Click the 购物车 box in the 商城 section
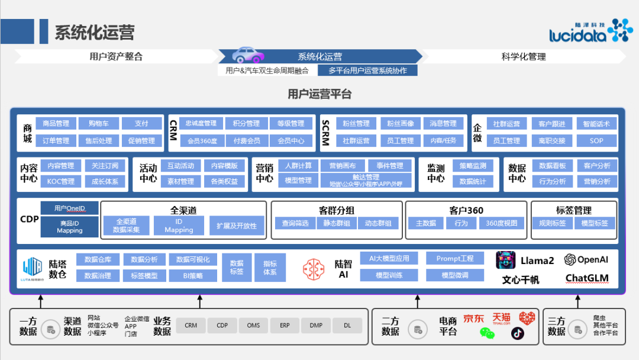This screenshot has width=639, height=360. click(x=98, y=124)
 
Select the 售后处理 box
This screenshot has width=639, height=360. click(x=98, y=141)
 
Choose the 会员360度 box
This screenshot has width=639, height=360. click(x=202, y=141)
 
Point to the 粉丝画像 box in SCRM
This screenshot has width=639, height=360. click(x=401, y=124)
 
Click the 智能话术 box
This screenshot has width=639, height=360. click(x=596, y=124)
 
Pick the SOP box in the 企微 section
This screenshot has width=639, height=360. click(x=596, y=141)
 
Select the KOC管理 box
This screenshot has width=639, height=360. click(x=61, y=181)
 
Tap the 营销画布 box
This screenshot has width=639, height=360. click(x=343, y=166)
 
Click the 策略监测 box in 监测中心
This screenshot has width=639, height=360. click(x=473, y=166)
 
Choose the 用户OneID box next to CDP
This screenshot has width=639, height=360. click(x=69, y=208)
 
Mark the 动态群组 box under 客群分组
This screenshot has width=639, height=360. click(x=378, y=223)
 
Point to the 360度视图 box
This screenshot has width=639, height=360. click(x=501, y=223)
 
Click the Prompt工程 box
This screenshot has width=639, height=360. click(x=454, y=259)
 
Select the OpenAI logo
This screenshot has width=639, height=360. click(x=586, y=259)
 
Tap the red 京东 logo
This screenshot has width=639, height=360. click(x=473, y=319)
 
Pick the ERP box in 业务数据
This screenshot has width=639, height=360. click(x=285, y=325)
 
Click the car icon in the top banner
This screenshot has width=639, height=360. click(x=248, y=55)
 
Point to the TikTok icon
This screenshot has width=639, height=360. click(x=518, y=333)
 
